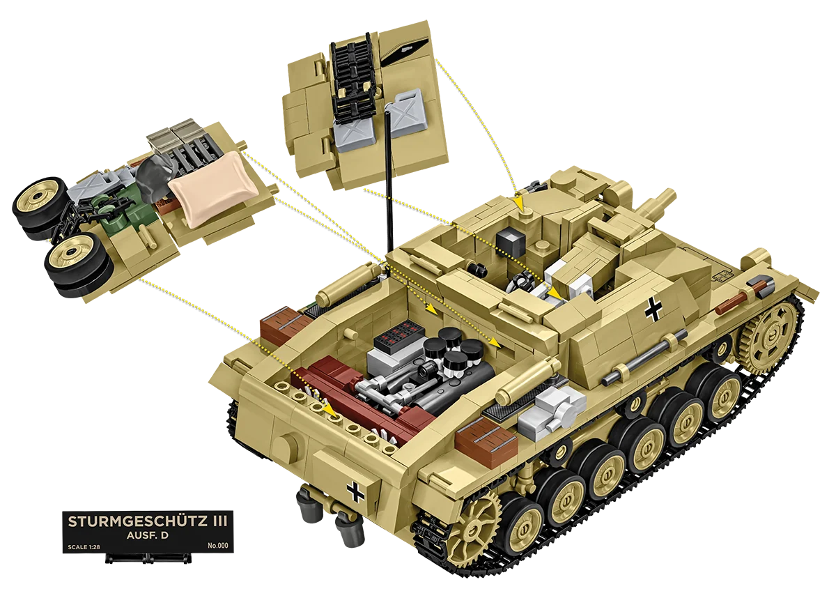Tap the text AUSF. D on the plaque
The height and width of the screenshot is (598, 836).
(x=148, y=535)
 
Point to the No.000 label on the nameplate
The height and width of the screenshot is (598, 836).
(x=217, y=545)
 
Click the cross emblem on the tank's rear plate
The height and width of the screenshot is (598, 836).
(x=355, y=491)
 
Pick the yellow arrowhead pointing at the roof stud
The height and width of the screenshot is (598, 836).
(x=519, y=203)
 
